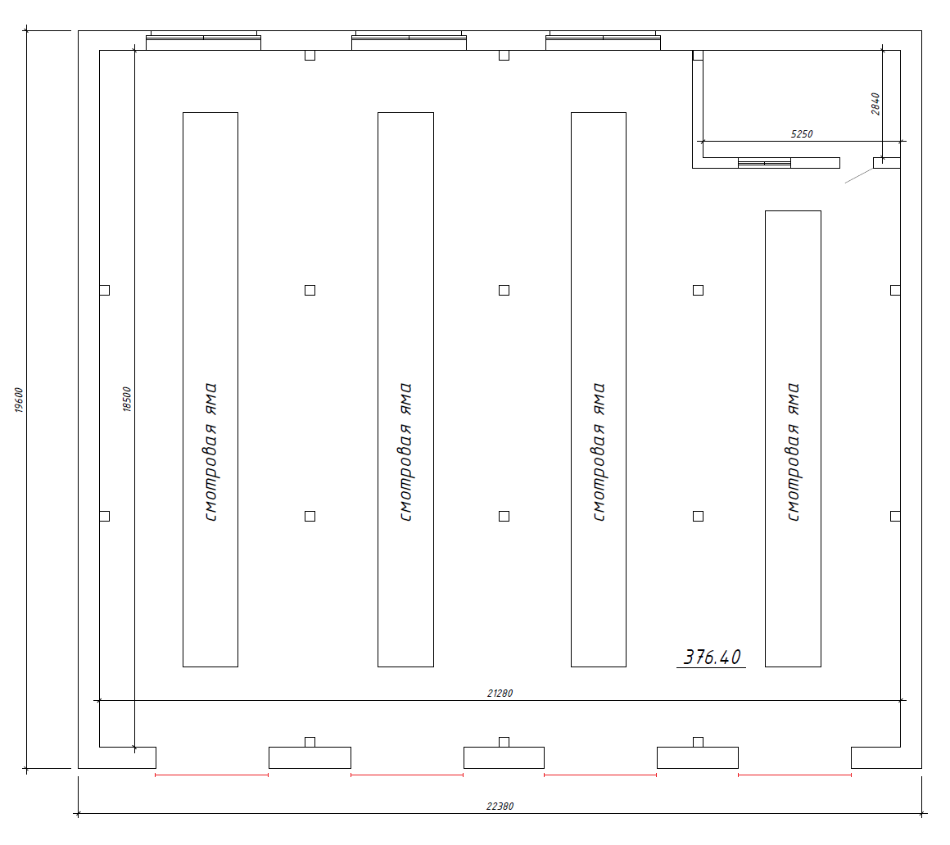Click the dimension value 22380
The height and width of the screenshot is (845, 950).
(500, 806)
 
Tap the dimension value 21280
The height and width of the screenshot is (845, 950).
(500, 693)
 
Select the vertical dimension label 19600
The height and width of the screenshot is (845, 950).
(18, 400)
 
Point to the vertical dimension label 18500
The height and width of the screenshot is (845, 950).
(127, 400)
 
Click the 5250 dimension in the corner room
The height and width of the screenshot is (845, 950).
(802, 133)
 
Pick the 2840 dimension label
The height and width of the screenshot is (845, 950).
(875, 104)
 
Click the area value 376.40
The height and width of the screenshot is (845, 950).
(712, 657)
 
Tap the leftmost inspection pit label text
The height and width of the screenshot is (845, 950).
(210, 452)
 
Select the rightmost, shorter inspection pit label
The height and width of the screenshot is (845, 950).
(793, 452)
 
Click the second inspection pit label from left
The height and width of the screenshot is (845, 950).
(405, 452)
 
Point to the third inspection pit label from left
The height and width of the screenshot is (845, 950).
(599, 452)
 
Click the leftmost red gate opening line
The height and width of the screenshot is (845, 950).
(212, 775)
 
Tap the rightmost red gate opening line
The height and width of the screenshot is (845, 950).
(795, 775)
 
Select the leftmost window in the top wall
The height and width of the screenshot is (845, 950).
(204, 40)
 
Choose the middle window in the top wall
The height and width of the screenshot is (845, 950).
(409, 40)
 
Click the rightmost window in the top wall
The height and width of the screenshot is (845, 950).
(603, 40)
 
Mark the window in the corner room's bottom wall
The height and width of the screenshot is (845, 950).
(765, 163)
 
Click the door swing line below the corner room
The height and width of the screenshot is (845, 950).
(859, 176)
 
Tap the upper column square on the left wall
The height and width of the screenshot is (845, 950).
(105, 290)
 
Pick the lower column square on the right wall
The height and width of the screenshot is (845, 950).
(895, 516)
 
